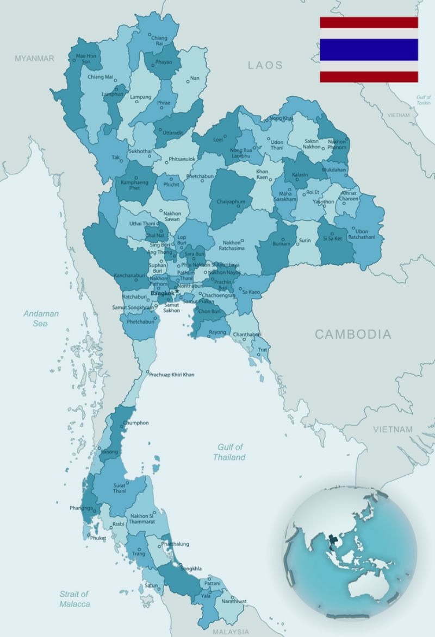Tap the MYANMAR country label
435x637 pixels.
click(34, 58)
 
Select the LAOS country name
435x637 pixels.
click(265, 66)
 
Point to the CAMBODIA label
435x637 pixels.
click(353, 334)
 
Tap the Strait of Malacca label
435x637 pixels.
click(74, 599)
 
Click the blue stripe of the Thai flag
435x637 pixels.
click(369, 49)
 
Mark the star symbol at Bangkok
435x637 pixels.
click(177, 291)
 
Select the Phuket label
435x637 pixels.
click(98, 538)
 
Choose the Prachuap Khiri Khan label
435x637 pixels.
click(172, 375)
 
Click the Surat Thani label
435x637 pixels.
click(119, 488)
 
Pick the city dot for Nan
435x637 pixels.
click(188, 81)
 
